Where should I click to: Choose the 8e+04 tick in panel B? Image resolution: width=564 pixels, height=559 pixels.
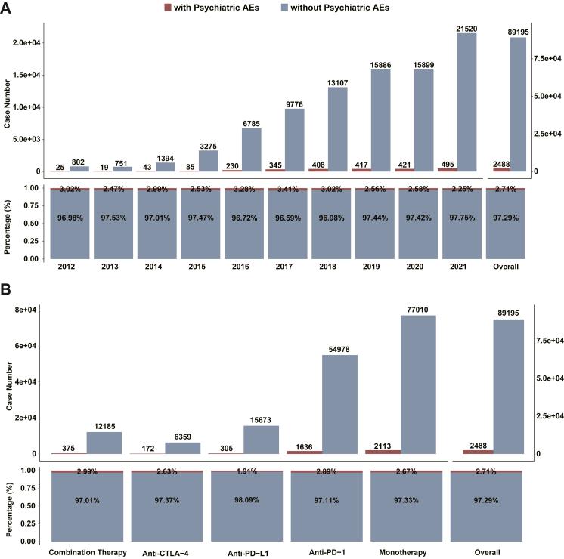[29, 310]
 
